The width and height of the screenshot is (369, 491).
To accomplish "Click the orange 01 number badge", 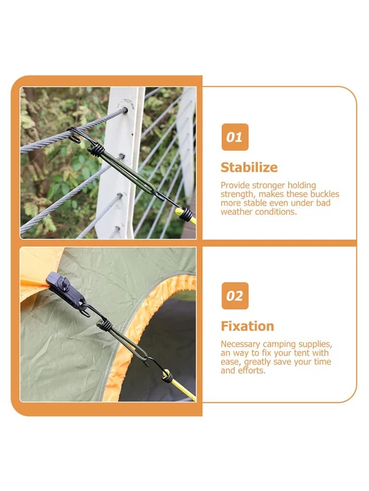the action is (235, 137).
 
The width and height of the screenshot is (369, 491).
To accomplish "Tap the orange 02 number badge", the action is (235, 296).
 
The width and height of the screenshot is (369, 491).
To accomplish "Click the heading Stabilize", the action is (249, 168).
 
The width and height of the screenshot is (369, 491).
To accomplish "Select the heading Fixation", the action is (247, 326).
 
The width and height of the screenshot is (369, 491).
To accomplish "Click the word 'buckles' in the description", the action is (325, 194).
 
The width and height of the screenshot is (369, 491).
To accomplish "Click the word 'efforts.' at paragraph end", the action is (252, 371).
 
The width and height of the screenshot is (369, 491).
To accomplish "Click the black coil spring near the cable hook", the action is (96, 150).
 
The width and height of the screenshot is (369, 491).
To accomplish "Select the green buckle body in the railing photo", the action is (128, 173).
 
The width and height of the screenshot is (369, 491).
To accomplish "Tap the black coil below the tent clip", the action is (104, 325).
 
